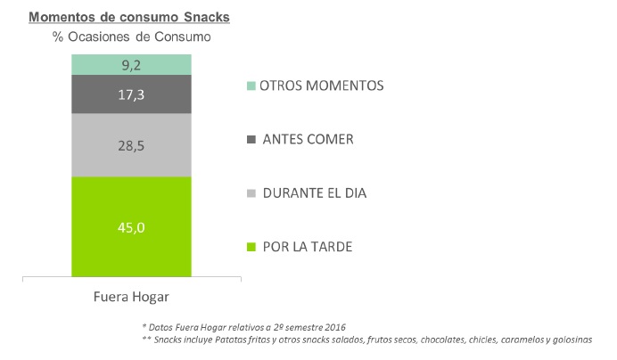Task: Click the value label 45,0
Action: (x=131, y=227)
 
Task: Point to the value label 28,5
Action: (x=131, y=144)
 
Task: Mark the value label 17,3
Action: (x=131, y=93)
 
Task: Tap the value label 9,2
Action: (x=131, y=64)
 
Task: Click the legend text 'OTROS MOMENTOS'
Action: (x=321, y=86)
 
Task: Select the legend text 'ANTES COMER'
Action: (x=308, y=139)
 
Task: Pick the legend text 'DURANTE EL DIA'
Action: (x=315, y=192)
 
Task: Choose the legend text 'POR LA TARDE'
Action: (x=308, y=246)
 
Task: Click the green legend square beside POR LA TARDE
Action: (x=251, y=247)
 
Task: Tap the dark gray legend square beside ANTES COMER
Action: (x=251, y=140)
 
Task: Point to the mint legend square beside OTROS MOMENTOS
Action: (x=251, y=86)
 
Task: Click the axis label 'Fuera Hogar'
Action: (x=131, y=297)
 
